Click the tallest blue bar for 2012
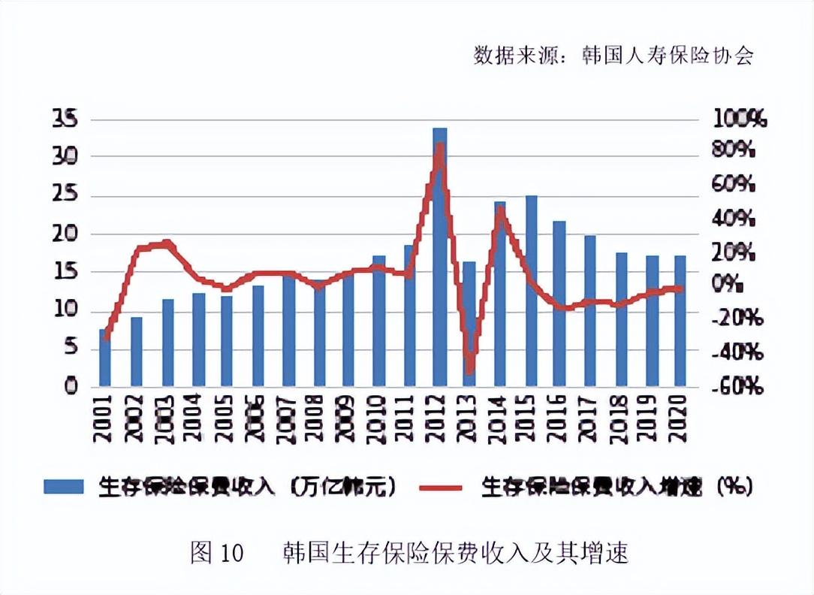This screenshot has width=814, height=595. (439, 255)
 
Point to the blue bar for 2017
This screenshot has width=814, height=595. (590, 311)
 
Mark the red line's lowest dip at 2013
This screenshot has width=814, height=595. (470, 370)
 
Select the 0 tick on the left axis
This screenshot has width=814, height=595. (71, 387)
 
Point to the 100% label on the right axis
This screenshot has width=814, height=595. (740, 119)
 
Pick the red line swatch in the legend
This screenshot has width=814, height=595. (443, 487)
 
